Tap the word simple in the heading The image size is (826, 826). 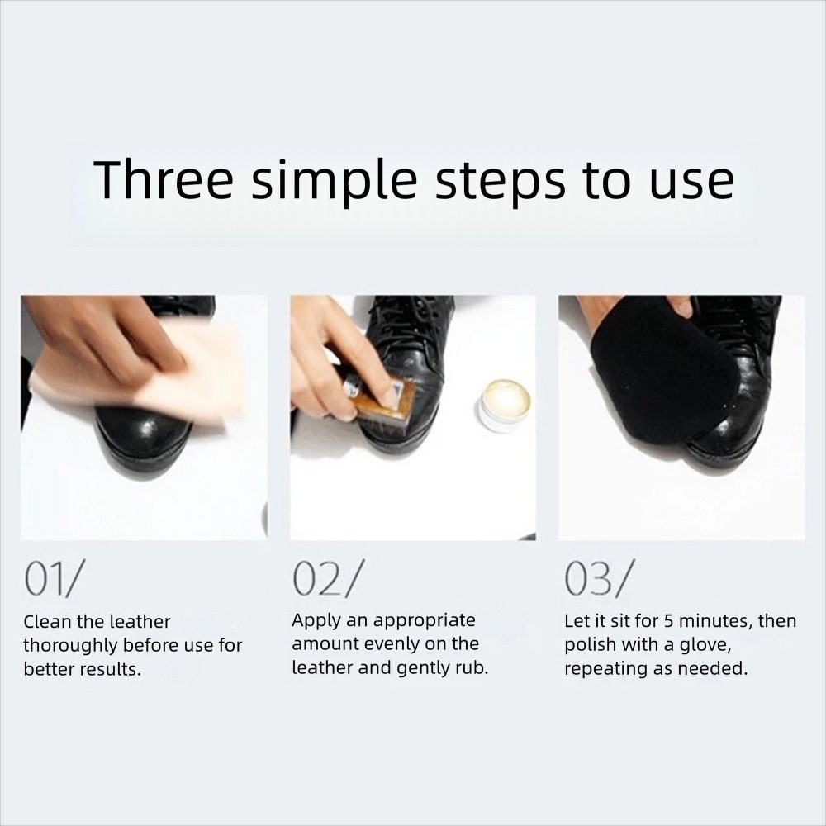[335, 181]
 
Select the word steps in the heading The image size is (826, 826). [501, 183]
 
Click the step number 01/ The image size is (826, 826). [53, 578]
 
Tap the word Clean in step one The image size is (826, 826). [47, 622]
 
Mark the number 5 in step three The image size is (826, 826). [668, 622]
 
